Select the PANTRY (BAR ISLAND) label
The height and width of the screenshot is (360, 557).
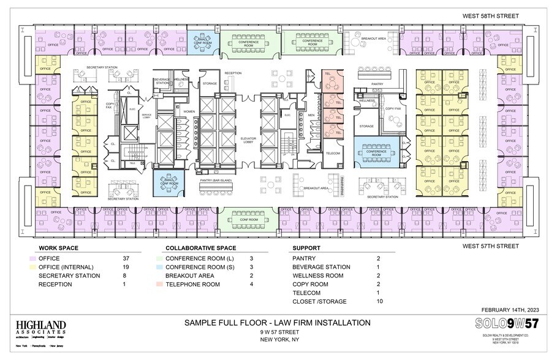tap(214, 181)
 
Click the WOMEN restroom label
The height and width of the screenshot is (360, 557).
tap(188, 111)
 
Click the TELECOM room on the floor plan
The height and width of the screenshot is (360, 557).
tap(332, 153)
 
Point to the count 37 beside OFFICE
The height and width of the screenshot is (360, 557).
tap(127, 258)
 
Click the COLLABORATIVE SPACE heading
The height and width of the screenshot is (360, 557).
tap(200, 249)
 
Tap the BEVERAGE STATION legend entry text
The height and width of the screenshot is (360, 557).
tap(321, 267)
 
